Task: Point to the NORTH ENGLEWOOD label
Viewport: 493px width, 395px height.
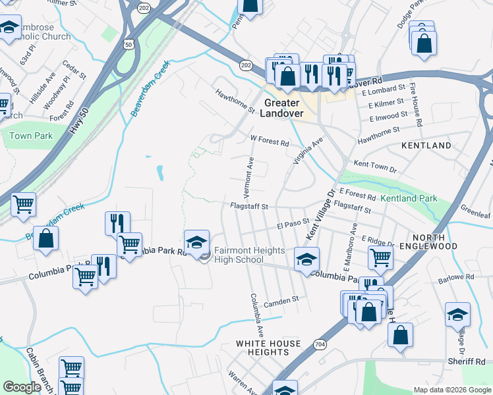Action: pos(444,241)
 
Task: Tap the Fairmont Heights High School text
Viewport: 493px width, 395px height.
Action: pos(239,255)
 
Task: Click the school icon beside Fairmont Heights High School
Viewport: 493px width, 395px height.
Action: pos(196,244)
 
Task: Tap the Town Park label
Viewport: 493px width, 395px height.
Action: pos(30,135)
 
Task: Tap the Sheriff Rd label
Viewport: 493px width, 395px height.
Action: pos(464,361)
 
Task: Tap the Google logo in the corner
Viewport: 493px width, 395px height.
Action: pos(22,387)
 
